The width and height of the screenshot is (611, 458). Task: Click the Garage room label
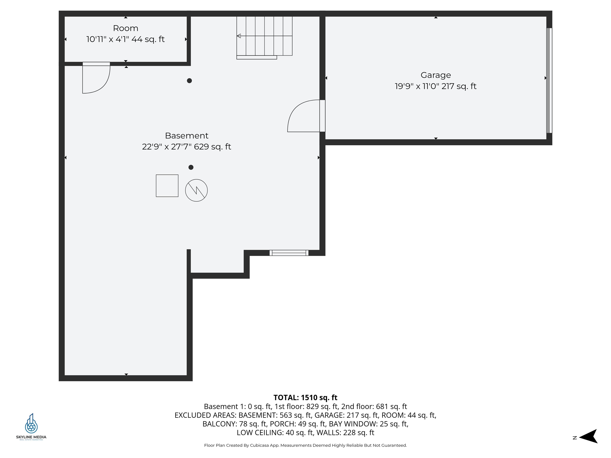point(436,75)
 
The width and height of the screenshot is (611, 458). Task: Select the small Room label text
point(126,28)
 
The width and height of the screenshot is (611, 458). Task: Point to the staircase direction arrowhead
point(239,36)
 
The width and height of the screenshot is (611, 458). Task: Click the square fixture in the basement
point(167,186)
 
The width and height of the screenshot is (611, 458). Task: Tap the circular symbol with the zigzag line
point(196,190)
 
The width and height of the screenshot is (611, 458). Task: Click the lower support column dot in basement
point(191,167)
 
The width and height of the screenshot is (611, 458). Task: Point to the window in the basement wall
point(289,253)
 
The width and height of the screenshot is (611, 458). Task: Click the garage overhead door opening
point(549,81)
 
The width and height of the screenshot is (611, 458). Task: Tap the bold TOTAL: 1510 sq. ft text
point(305,398)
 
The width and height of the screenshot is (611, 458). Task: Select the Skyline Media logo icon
point(31,423)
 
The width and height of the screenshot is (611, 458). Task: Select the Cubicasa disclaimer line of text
point(305,445)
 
